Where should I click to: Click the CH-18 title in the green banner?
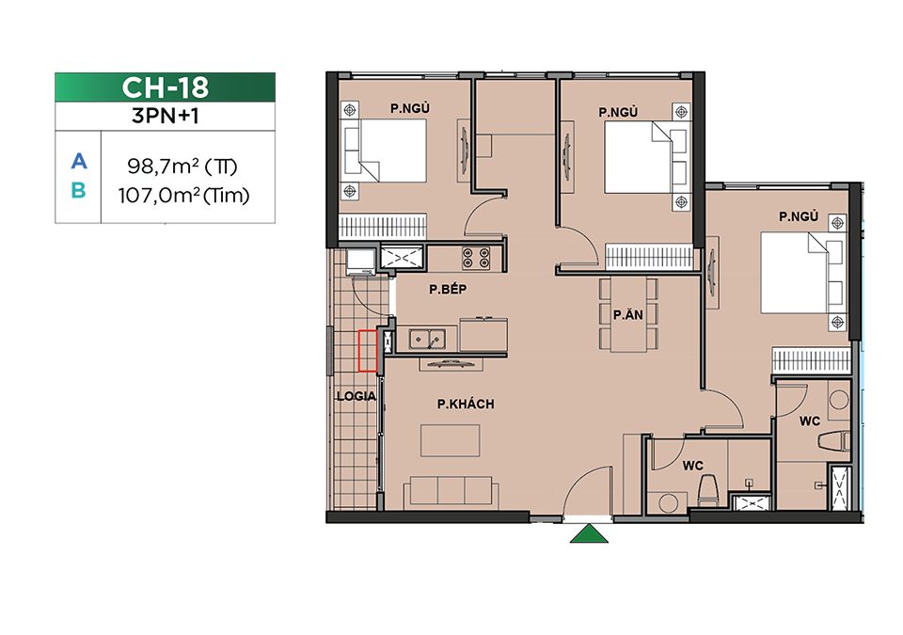tap(166, 87)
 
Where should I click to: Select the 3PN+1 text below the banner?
tap(166, 116)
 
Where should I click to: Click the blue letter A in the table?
tap(79, 162)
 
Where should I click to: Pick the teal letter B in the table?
tap(78, 190)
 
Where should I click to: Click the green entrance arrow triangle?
tap(589, 533)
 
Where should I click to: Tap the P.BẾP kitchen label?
tap(448, 289)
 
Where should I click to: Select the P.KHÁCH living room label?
tap(466, 404)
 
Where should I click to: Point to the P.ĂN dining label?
tap(627, 314)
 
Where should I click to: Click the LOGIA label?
tap(356, 396)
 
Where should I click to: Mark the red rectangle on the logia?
tap(368, 351)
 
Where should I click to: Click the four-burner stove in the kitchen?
tap(476, 258)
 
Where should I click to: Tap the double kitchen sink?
tap(427, 340)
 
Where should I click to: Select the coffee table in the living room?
tap(450, 440)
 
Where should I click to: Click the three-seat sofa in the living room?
tap(451, 493)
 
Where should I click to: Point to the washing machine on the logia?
tap(361, 262)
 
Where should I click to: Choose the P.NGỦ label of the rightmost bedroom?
tap(799, 216)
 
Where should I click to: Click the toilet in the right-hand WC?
tap(834, 441)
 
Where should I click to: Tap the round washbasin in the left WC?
tap(668, 502)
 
